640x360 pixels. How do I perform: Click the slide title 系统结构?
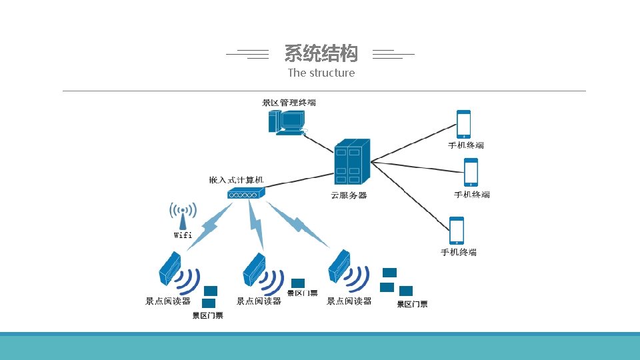pos(321,53)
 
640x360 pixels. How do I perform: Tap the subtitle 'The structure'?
pos(321,73)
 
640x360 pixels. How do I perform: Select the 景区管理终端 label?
pos(289,103)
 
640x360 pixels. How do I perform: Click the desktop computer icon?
pos(287,122)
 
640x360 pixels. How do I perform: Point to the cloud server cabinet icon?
pos(351,161)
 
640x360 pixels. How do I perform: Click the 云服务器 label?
pos(349,195)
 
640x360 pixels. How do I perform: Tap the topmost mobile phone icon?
pos(463,125)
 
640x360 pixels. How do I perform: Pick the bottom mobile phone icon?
pos(457,231)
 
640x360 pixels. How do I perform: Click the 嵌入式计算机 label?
pos(237,180)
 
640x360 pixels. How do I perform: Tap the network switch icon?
pos(246,193)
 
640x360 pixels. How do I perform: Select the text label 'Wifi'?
pos(183,235)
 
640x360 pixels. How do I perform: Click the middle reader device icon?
pos(254,267)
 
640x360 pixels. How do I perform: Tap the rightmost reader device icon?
pos(340,266)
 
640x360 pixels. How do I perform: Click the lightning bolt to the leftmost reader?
pos(209,227)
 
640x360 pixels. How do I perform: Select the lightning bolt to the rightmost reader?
pos(298,225)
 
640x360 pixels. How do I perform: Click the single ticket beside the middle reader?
pos(298,283)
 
